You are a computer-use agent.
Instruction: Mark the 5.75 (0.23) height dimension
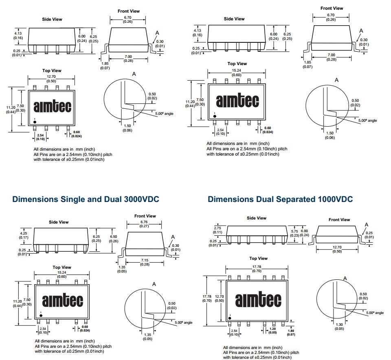[x=294, y=233]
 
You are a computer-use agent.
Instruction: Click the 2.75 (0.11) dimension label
[x=217, y=230]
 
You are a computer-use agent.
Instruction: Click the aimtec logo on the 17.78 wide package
[x=258, y=300]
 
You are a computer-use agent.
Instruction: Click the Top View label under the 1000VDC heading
[x=258, y=258]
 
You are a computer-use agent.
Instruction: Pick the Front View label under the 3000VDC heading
[x=145, y=216]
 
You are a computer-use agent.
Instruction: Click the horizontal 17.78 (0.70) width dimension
[x=256, y=268]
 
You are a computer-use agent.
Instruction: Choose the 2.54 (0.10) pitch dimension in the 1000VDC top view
[x=234, y=333]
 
